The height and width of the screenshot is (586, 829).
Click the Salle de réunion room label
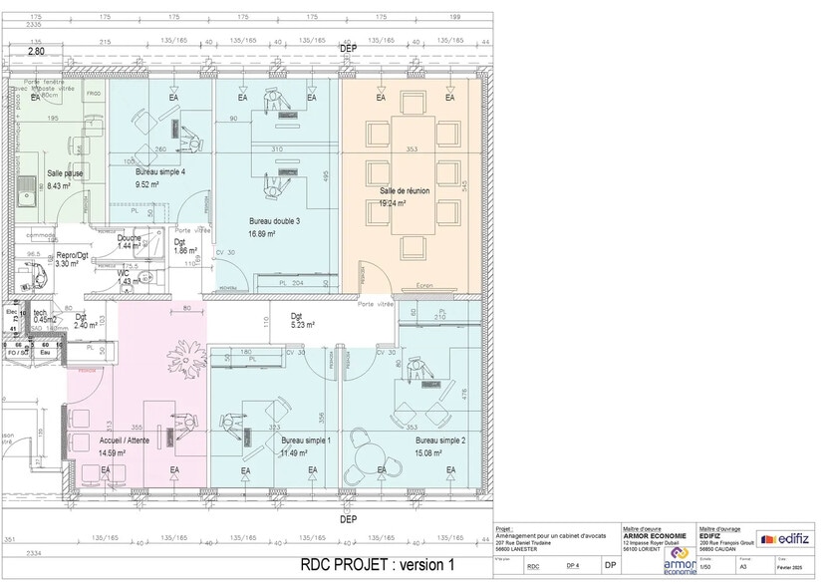click(408, 189)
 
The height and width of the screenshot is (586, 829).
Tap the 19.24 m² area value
click(395, 202)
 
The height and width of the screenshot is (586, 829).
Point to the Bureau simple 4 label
click(160, 172)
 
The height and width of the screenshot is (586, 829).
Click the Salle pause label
click(66, 172)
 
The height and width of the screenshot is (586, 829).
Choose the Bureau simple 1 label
click(306, 439)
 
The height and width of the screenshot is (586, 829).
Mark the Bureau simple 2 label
click(440, 439)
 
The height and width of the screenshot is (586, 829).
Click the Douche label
click(130, 238)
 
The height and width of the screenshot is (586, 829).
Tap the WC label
click(123, 273)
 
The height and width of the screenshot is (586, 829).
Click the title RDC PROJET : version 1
click(377, 564)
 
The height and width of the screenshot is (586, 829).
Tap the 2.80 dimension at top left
click(36, 50)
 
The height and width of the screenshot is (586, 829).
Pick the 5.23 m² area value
click(303, 325)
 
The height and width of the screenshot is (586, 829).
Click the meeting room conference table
click(412, 175)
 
